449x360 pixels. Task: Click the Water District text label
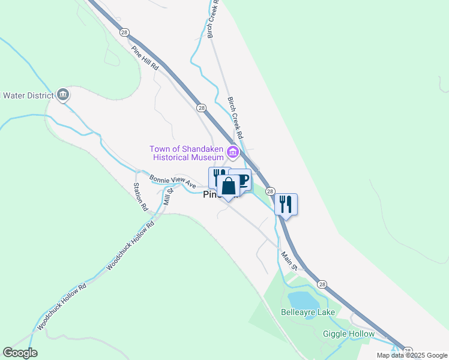[x=28, y=95]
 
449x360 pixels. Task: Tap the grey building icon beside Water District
[x=63, y=95]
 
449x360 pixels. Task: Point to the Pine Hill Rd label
[x=145, y=59]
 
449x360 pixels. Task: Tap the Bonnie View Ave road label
[x=173, y=181]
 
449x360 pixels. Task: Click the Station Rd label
[x=140, y=197]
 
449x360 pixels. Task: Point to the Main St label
[x=290, y=259]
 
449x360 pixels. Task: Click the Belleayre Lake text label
[x=308, y=313]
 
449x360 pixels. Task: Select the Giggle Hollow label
[x=349, y=334]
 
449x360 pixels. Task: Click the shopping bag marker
[x=228, y=187]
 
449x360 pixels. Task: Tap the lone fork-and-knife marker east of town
[x=286, y=204]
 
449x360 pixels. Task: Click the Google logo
[x=20, y=353]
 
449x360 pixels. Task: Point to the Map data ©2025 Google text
[x=412, y=355]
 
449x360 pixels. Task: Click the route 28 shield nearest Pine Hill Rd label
[x=124, y=32]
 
